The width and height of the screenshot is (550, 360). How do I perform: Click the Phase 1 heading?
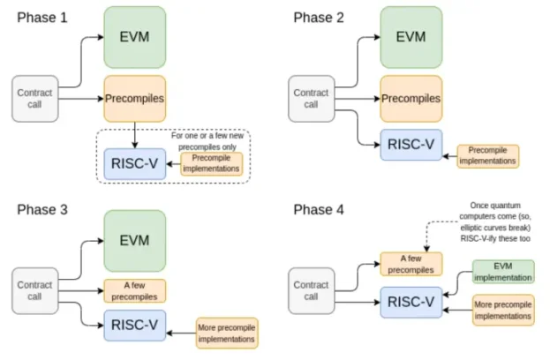click(42, 18)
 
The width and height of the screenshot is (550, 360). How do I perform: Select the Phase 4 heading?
click(319, 210)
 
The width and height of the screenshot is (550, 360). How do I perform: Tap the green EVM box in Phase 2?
click(411, 37)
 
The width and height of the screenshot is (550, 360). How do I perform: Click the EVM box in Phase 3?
click(135, 241)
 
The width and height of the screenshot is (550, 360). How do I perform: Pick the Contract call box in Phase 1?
click(35, 99)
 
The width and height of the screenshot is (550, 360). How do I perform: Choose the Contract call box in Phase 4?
click(312, 290)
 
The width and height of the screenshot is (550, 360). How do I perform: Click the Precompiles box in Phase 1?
click(135, 99)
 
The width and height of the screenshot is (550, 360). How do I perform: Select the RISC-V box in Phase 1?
click(135, 164)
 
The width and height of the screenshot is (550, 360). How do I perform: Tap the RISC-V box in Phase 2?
click(411, 145)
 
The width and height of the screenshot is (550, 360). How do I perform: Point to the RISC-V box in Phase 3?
click(135, 325)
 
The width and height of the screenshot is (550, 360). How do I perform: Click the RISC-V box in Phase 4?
click(411, 302)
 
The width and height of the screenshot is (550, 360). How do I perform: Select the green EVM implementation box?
click(503, 272)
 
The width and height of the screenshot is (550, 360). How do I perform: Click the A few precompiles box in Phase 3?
click(135, 290)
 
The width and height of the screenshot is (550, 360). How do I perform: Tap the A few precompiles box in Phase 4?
click(411, 264)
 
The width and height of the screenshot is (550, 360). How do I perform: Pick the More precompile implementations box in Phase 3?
click(227, 333)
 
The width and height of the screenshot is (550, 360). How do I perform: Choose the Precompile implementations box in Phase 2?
click(488, 156)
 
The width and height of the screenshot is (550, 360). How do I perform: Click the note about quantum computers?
click(495, 221)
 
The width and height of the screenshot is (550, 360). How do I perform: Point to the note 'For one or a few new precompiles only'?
click(207, 141)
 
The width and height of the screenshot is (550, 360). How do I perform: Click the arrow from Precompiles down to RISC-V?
click(135, 135)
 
